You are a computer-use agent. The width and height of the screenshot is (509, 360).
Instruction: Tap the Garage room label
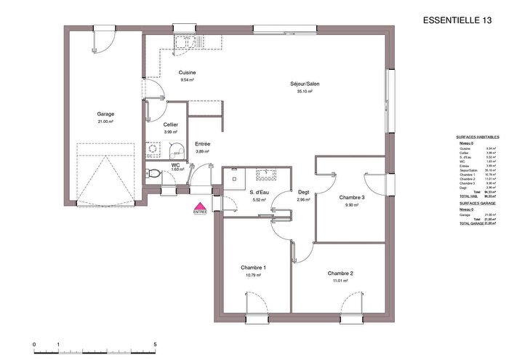pyautogui.click(x=106, y=114)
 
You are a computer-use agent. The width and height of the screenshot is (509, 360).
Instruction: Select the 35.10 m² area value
pyautogui.click(x=304, y=92)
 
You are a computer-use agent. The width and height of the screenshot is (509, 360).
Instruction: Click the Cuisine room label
pyautogui.click(x=188, y=73)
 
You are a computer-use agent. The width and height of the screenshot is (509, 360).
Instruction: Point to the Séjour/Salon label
pyautogui.click(x=304, y=84)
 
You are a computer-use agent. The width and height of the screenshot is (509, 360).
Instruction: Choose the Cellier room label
pyautogui.click(x=171, y=125)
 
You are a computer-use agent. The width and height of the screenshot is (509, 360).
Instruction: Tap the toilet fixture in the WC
pyautogui.click(x=151, y=174)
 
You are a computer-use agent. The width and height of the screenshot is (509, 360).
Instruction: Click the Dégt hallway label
pyautogui.click(x=303, y=192)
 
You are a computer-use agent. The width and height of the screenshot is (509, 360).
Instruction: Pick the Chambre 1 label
pyautogui.click(x=253, y=268)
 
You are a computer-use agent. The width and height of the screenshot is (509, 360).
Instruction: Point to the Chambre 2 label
pyautogui.click(x=340, y=273)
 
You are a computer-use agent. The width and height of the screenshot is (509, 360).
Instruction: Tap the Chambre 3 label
pyautogui.click(x=351, y=198)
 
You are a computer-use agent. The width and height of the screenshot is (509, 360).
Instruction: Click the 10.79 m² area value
pyautogui.click(x=253, y=276)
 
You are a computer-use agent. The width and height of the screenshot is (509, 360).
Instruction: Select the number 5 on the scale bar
pyautogui.click(x=155, y=343)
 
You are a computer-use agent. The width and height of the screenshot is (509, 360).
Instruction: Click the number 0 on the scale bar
pyautogui.click(x=34, y=343)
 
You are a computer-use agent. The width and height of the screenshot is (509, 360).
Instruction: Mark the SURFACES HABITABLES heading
pyautogui.click(x=477, y=137)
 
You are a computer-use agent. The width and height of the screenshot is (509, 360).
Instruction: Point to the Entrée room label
pyautogui.click(x=202, y=144)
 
